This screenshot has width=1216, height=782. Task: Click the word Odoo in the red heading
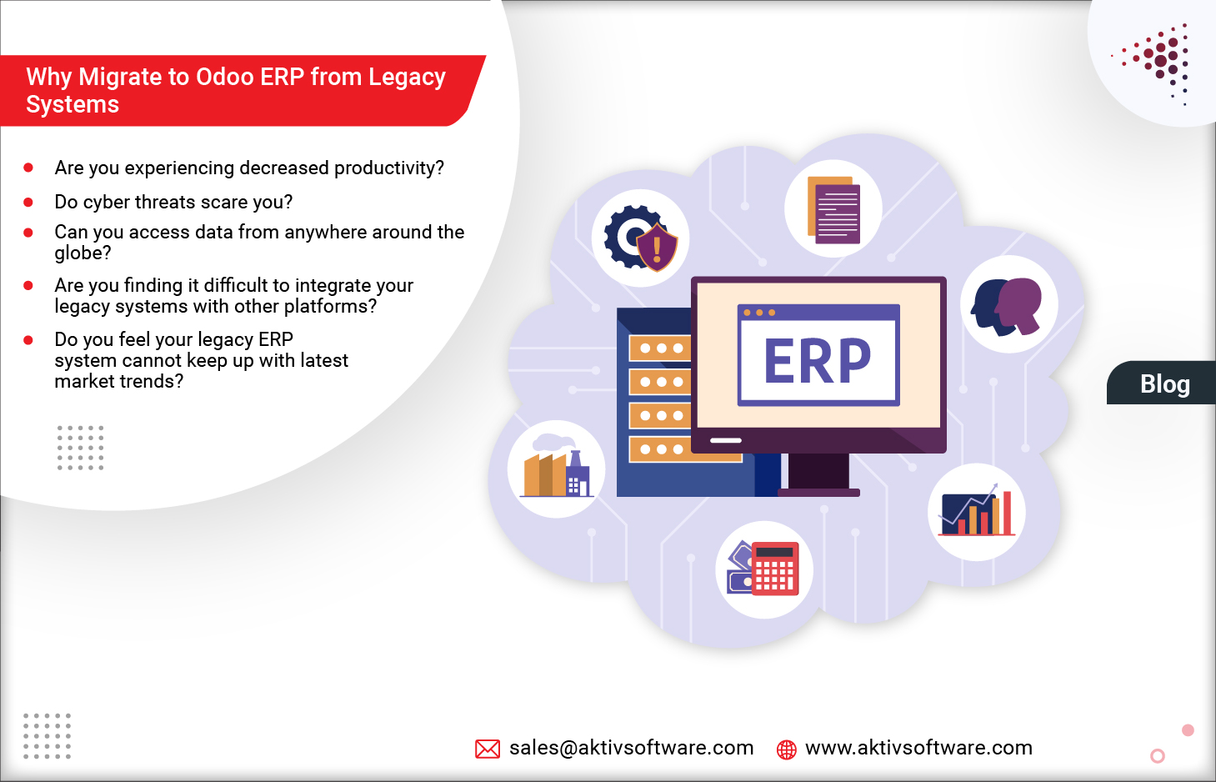click(224, 77)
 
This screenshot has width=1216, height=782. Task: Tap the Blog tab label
click(1164, 384)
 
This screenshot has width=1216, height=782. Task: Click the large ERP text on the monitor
click(817, 361)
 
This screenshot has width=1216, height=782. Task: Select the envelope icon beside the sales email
click(488, 749)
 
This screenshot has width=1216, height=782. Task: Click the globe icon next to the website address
click(786, 749)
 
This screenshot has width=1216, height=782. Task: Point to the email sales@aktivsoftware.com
click(631, 748)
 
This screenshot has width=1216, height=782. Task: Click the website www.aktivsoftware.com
click(918, 748)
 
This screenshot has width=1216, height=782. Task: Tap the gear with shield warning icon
click(640, 238)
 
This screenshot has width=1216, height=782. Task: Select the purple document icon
click(833, 209)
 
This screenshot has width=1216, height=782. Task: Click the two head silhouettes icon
click(1008, 305)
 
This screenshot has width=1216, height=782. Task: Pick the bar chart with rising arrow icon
click(976, 511)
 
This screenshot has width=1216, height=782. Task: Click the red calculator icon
click(765, 569)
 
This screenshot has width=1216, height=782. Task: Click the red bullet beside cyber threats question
click(28, 203)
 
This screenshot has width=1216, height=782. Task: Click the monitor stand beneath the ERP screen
click(818, 474)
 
